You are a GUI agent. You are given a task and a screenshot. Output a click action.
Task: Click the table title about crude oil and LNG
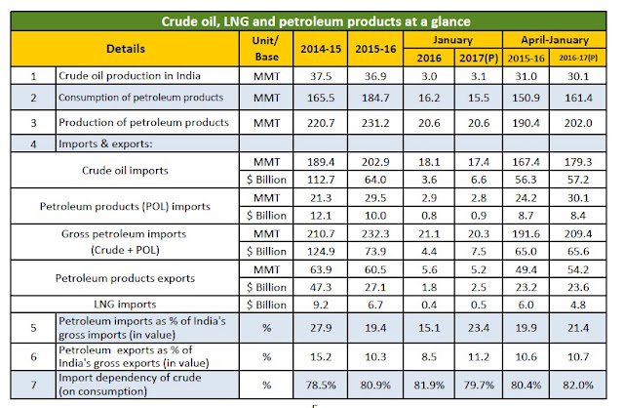316,21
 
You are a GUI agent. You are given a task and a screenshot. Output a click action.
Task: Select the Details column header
126,49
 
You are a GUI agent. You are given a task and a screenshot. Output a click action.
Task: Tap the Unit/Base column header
266,49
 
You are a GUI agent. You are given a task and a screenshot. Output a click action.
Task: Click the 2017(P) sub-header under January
479,59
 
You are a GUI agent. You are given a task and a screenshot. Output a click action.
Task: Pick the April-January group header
555,40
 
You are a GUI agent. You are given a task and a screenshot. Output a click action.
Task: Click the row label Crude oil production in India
130,76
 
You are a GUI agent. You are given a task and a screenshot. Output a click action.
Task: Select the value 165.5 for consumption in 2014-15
321,98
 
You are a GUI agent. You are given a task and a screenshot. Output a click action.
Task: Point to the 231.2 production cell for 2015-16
375,123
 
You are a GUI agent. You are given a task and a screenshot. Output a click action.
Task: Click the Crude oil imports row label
125,171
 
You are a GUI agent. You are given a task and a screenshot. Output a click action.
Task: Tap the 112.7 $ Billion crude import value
321,180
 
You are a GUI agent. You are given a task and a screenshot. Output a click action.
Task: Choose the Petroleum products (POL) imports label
125,206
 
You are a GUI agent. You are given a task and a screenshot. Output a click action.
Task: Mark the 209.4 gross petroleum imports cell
578,234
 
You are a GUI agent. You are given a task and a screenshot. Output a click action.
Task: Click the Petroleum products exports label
125,278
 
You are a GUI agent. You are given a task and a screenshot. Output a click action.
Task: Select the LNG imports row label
125,305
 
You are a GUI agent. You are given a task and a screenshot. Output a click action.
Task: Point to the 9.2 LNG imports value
321,305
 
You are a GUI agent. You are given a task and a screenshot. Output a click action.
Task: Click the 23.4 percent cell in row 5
479,328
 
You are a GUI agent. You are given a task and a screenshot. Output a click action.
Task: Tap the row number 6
33,356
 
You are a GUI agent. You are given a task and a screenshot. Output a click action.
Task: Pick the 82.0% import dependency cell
578,386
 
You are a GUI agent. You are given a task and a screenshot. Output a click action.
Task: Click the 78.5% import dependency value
321,386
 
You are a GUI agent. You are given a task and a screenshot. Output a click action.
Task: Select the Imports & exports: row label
105,143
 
